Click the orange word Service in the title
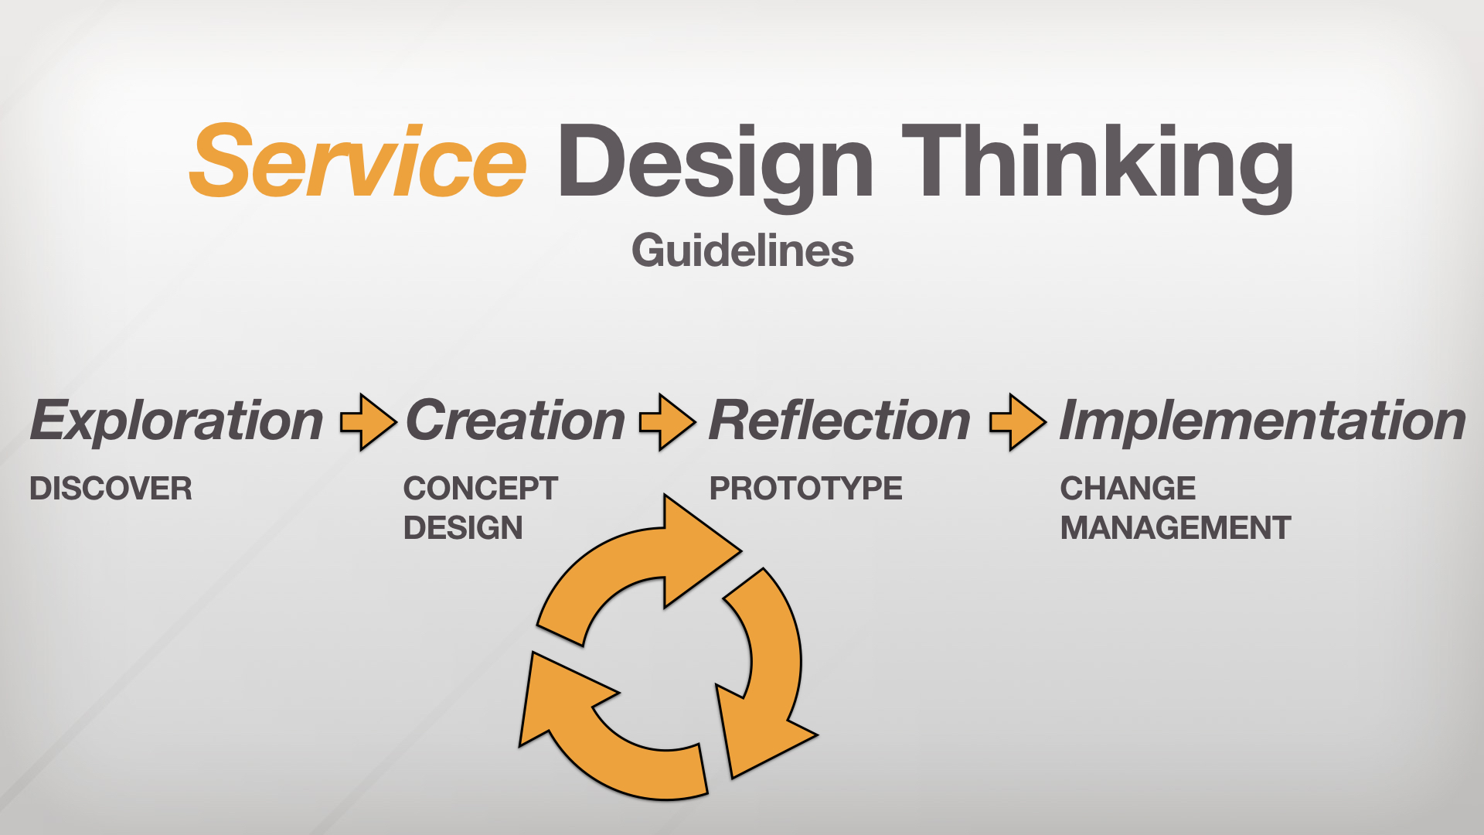358,160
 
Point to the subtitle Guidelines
743,250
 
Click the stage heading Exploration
176,422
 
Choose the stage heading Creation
516,421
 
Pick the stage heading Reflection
839,421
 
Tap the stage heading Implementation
1263,422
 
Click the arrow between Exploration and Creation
369,422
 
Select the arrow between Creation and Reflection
668,422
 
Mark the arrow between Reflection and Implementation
1019,422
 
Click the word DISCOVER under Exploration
111,489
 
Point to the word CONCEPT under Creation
480,489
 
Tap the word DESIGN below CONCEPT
463,528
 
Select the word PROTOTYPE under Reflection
806,489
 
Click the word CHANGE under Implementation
1128,489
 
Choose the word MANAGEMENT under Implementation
1176,528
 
